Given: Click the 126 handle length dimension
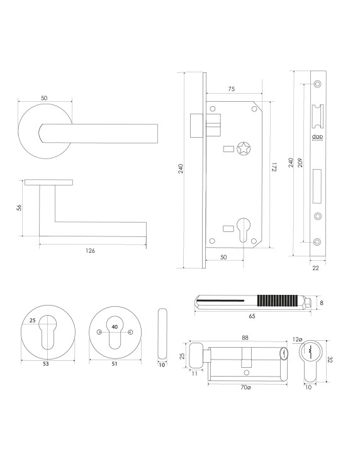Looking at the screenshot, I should [x=90, y=250].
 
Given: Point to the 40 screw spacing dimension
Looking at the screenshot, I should [x=114, y=327].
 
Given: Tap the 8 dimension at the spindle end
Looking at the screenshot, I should [x=321, y=302].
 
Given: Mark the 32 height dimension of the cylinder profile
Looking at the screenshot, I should [x=331, y=362].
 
